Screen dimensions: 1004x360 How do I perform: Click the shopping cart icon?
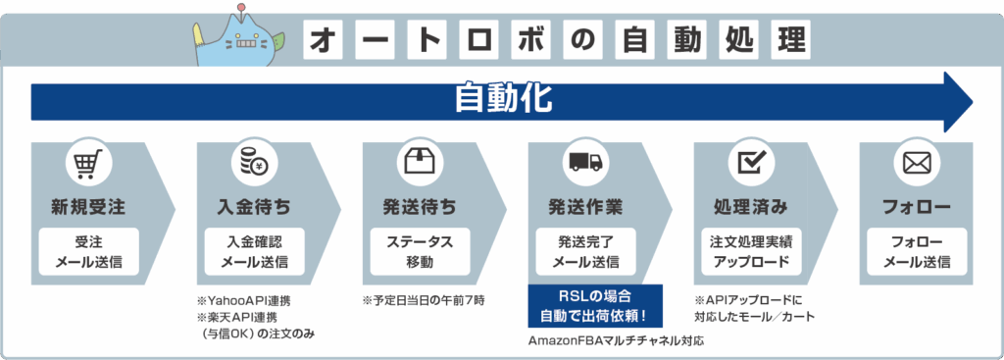[87, 163]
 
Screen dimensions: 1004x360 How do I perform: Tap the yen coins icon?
[253, 163]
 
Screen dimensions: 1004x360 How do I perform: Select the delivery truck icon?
[584, 163]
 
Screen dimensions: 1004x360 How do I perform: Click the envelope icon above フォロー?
[916, 163]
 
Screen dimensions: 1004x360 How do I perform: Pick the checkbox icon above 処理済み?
[750, 163]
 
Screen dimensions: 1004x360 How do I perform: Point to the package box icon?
[419, 163]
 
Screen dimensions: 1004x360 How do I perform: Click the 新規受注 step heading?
[87, 207]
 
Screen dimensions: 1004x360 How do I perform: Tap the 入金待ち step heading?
[253, 207]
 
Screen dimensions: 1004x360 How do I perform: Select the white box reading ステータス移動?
[419, 252]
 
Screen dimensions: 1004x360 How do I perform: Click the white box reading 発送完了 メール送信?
[584, 252]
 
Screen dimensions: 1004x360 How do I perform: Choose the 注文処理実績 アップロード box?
[750, 252]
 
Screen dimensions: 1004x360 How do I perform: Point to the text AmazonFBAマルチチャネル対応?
[617, 341]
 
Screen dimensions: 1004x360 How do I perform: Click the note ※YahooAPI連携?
[244, 299]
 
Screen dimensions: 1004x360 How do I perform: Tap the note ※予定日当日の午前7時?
[424, 299]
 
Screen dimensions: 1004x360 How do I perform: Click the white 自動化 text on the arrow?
[502, 99]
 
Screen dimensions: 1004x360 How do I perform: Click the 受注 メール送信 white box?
[87, 252]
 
